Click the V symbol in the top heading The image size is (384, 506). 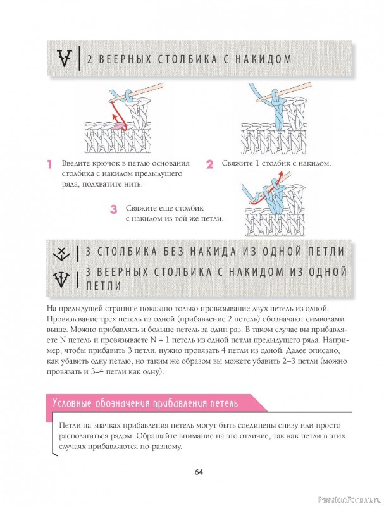coord(65,58)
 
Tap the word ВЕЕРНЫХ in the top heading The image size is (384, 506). coord(125,59)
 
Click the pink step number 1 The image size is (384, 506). coord(49,164)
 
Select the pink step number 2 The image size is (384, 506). coord(210,164)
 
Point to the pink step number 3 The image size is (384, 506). coord(113,209)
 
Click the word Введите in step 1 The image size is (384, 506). coord(74,163)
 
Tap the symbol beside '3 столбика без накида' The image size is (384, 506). coord(61,252)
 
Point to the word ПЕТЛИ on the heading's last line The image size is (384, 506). coord(104,286)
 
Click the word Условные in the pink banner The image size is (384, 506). coord(71,404)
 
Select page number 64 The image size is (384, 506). coord(199,472)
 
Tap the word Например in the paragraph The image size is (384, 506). coord(334,340)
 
